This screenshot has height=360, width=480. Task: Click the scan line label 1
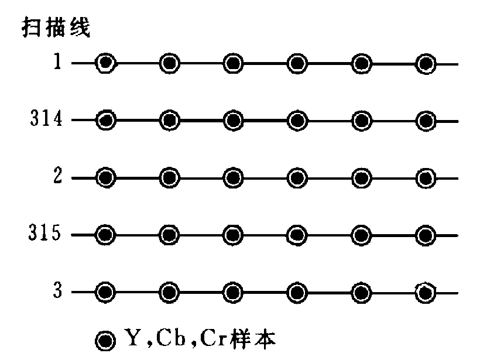coord(57,63)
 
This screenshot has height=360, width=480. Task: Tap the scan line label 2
coord(57,177)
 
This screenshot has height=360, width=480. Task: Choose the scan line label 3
coord(57,292)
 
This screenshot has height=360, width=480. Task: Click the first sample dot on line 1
coord(105,63)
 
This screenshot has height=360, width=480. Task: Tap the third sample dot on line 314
coord(234,121)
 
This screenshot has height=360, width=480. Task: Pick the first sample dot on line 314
coord(105,121)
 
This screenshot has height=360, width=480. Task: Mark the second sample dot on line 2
coord(169,177)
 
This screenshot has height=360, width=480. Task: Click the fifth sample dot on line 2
coord(362,177)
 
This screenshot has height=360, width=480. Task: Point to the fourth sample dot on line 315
coord(298,235)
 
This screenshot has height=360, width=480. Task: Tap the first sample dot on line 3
coord(105,292)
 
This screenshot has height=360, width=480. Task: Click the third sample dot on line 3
coord(234,292)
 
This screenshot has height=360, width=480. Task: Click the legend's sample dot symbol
coord(105,339)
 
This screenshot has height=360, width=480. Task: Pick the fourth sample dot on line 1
coord(298,63)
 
